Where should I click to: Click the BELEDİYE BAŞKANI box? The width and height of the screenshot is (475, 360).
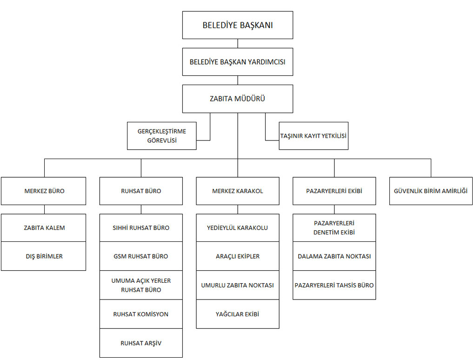pyautogui.click(x=237, y=25)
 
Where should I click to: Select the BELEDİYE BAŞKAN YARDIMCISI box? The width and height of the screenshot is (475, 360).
pyautogui.click(x=237, y=62)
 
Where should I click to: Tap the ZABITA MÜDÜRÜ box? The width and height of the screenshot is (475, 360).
pyautogui.click(x=237, y=99)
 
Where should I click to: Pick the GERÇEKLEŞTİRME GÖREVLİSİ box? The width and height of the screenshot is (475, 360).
pyautogui.click(x=161, y=136)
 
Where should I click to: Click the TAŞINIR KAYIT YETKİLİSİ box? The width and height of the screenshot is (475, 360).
pyautogui.click(x=314, y=136)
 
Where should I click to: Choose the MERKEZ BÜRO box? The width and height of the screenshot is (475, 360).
pyautogui.click(x=44, y=191)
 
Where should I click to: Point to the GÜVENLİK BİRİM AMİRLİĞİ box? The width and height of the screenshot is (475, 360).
pyautogui.click(x=431, y=191)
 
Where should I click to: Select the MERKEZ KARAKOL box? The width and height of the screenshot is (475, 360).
pyautogui.click(x=237, y=191)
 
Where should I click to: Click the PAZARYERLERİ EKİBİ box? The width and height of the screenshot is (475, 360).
pyautogui.click(x=334, y=191)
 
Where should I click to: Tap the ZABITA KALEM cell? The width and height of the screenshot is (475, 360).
pyautogui.click(x=44, y=228)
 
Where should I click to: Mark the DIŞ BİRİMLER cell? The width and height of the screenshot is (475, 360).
pyautogui.click(x=44, y=256)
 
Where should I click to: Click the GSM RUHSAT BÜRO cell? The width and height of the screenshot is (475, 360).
pyautogui.click(x=141, y=256)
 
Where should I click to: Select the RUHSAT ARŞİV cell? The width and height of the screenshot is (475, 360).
pyautogui.click(x=141, y=343)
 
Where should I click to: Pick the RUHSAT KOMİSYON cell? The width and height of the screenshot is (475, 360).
pyautogui.click(x=141, y=314)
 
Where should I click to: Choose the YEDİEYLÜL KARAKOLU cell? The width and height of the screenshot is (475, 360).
pyautogui.click(x=237, y=228)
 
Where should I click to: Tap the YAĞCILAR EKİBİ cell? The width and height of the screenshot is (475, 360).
pyautogui.click(x=237, y=314)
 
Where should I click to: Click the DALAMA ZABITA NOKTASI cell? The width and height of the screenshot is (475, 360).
pyautogui.click(x=334, y=256)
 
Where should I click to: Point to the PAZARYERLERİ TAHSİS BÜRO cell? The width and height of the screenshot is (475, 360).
pyautogui.click(x=334, y=285)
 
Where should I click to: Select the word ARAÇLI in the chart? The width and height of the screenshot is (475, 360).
pyautogui.click(x=226, y=256)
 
